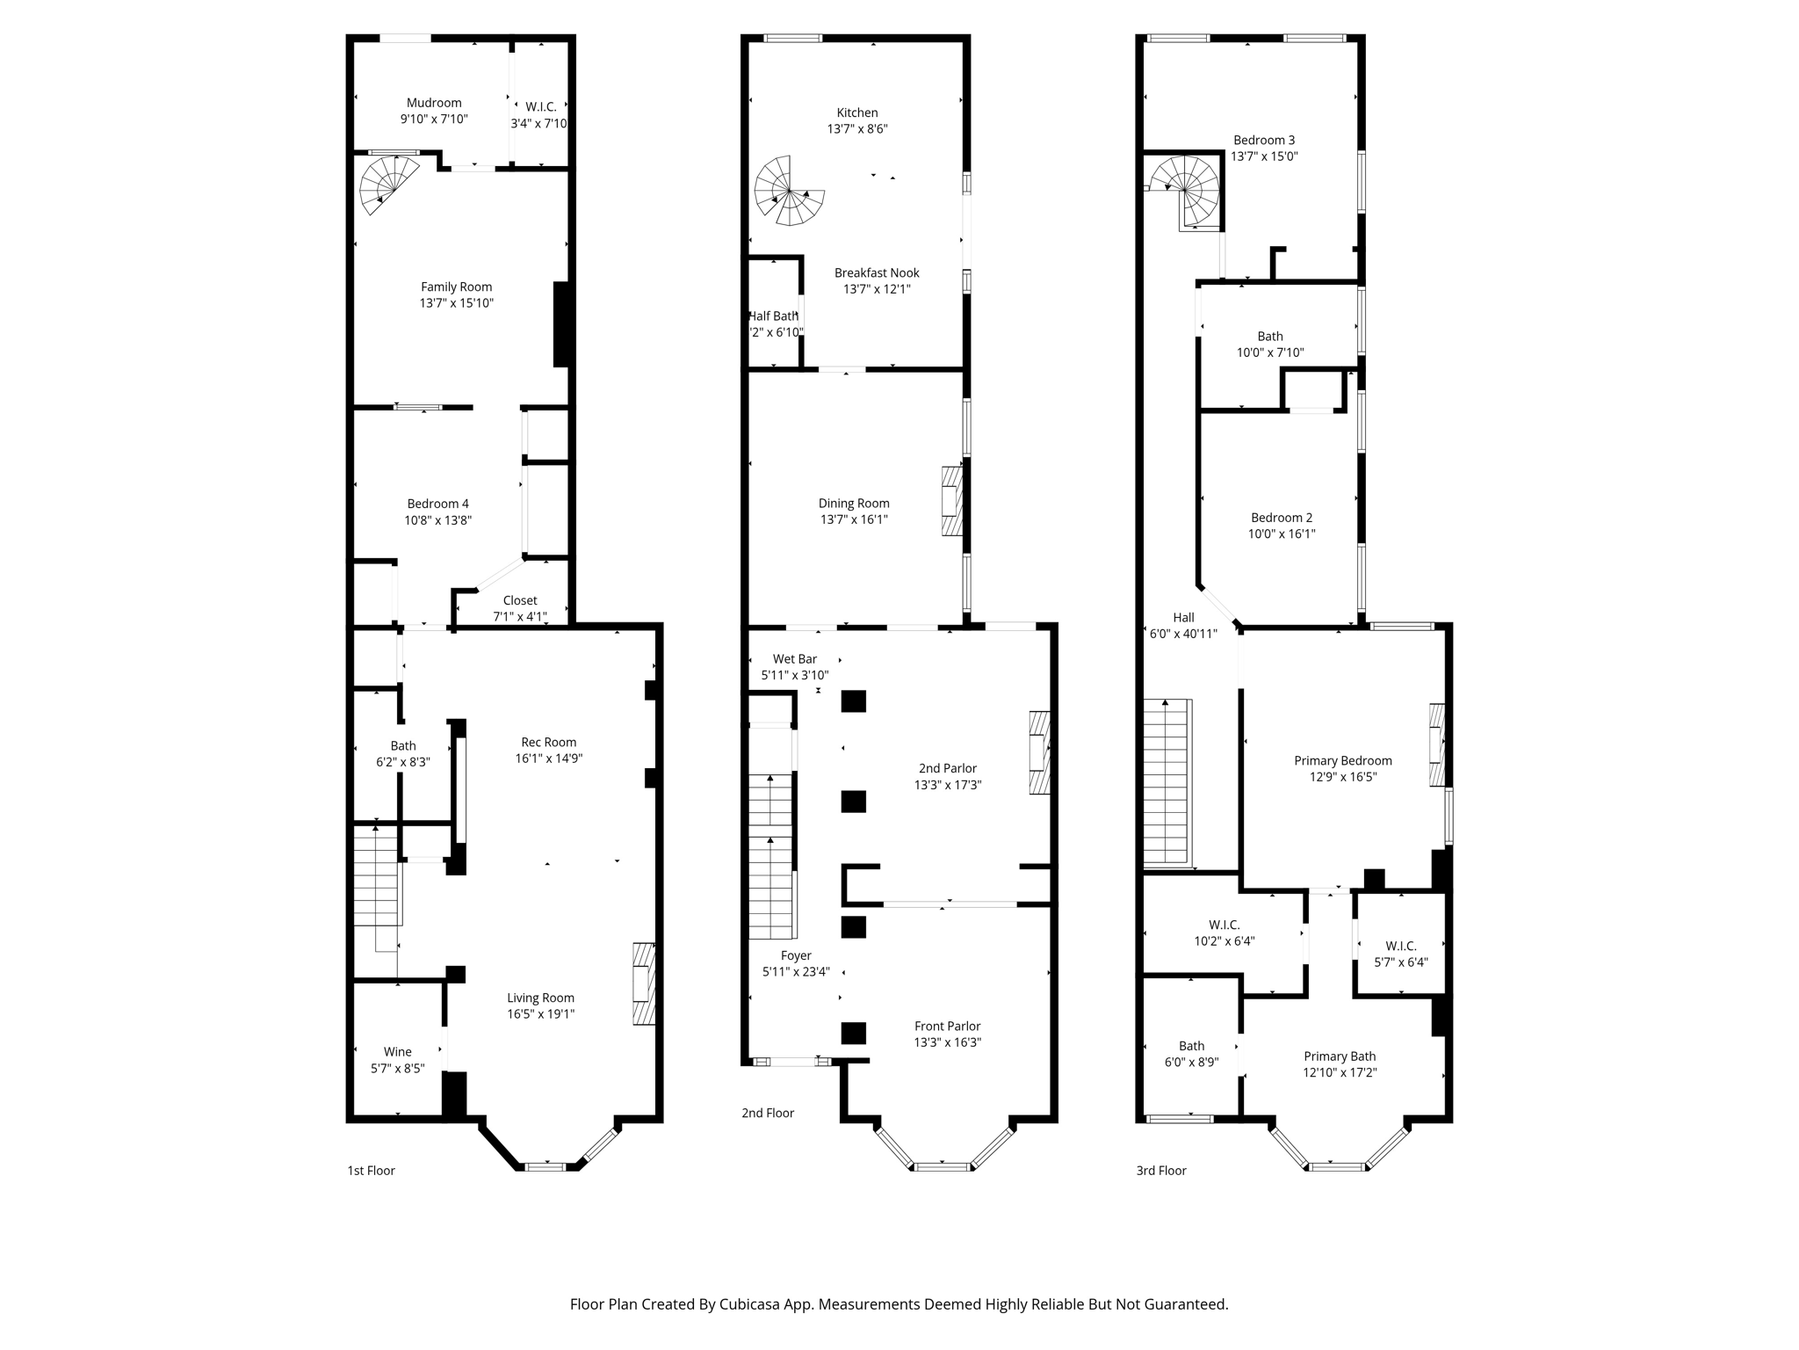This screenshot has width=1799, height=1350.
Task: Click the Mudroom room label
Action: click(434, 103)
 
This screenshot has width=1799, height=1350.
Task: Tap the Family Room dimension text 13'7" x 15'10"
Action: click(456, 303)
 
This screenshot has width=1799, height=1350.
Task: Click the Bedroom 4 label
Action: click(437, 504)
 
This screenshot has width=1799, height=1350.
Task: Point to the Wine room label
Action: click(397, 1052)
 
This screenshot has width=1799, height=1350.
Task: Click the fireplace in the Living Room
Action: click(645, 983)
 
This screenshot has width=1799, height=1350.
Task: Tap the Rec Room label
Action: click(548, 742)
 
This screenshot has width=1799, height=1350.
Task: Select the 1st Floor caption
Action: click(371, 1171)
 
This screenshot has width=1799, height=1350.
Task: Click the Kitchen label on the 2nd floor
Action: click(856, 112)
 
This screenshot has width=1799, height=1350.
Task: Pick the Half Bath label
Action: click(773, 316)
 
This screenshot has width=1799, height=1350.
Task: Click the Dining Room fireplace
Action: click(952, 501)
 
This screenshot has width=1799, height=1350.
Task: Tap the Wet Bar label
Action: click(794, 659)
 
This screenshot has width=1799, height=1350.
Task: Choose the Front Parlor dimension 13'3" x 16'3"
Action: click(947, 1042)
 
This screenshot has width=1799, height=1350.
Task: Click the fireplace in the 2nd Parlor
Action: click(1040, 752)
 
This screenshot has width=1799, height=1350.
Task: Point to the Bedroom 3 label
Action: click(1263, 141)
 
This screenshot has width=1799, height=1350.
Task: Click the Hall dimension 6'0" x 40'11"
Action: click(1183, 634)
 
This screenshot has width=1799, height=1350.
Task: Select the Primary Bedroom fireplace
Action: click(1437, 744)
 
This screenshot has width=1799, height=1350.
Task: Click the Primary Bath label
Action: click(1339, 1056)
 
